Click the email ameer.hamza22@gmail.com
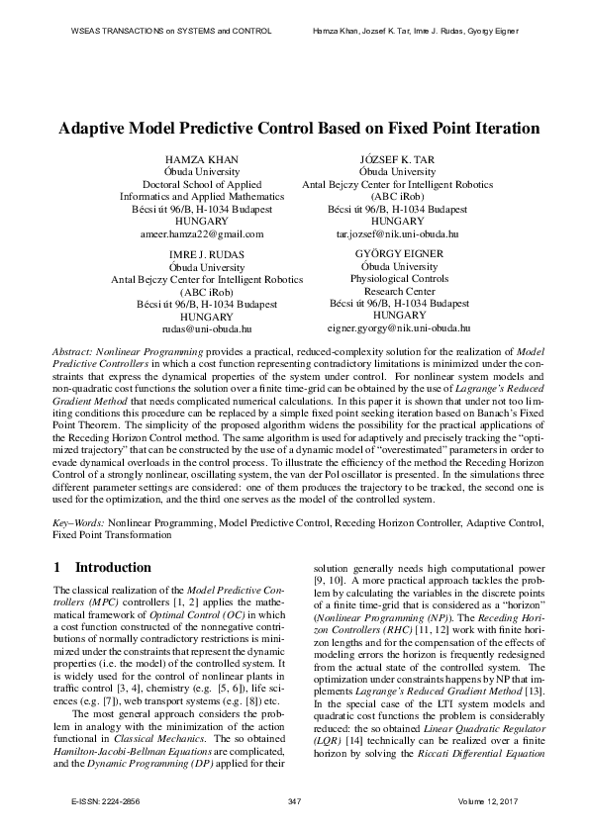[202, 234]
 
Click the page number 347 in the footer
[294, 799]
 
